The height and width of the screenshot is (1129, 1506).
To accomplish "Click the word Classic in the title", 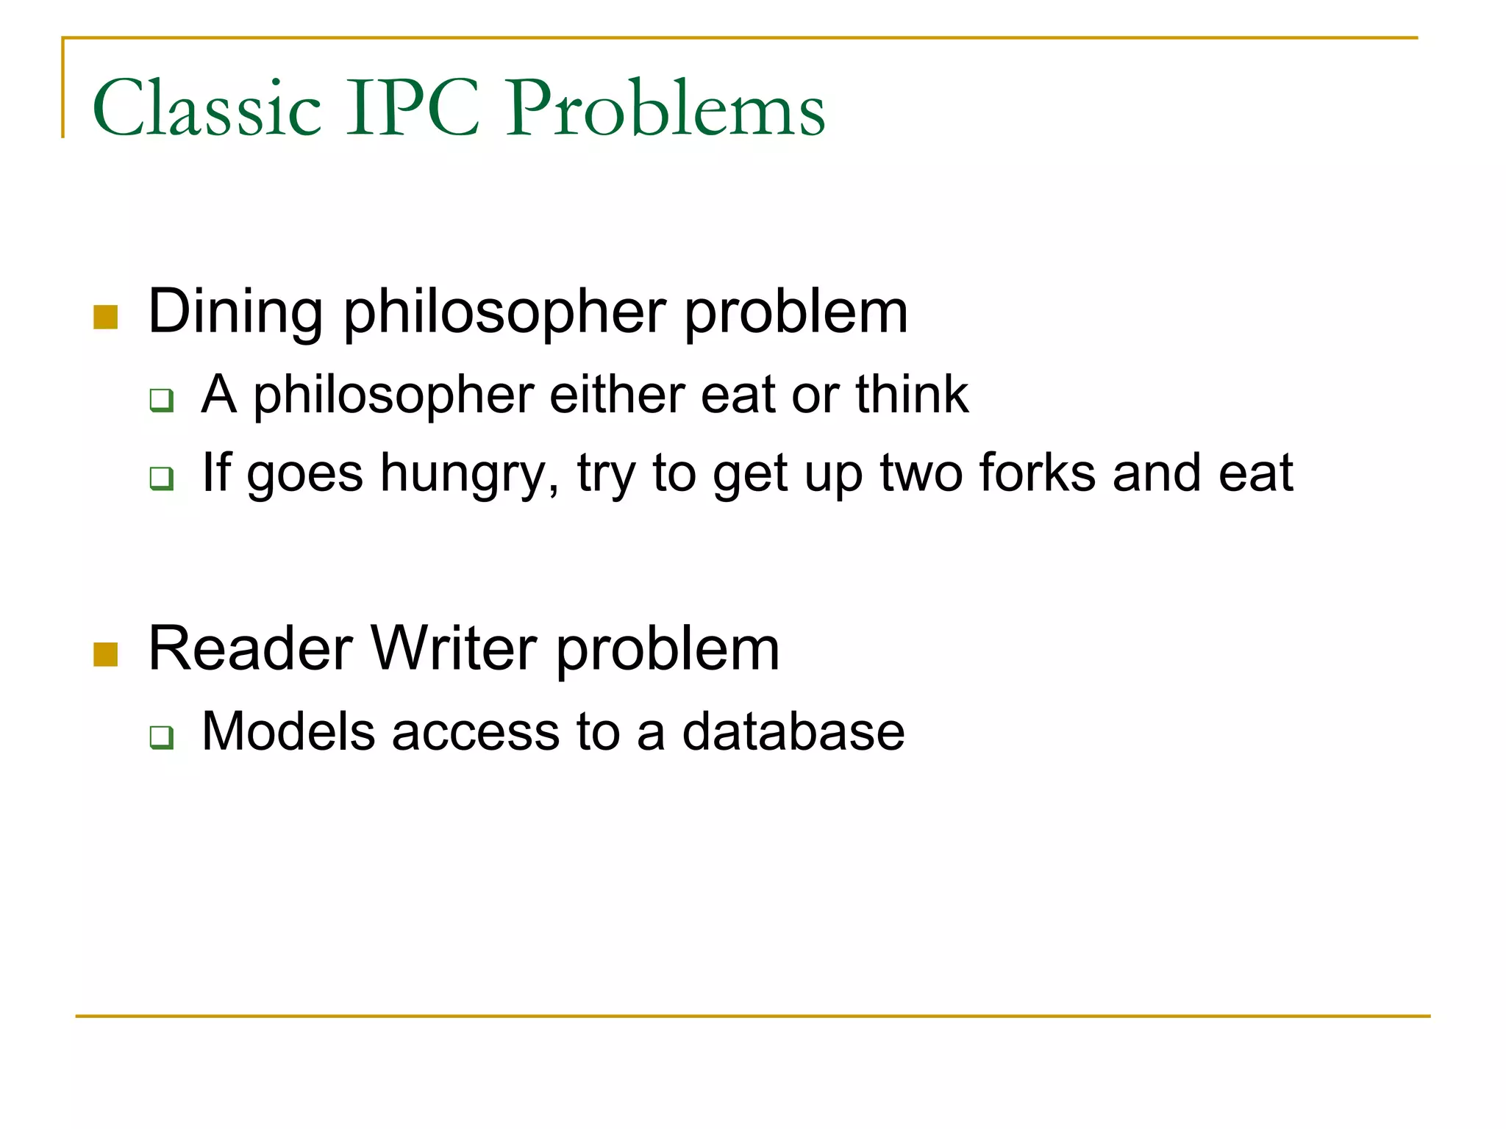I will click(x=207, y=108).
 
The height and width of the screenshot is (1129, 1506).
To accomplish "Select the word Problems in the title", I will click(x=665, y=108).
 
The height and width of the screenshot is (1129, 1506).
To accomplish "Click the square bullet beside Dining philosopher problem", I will click(x=106, y=318).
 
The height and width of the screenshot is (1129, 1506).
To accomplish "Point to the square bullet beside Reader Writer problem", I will click(x=106, y=654).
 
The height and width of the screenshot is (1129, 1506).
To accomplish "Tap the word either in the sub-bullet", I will click(x=616, y=395).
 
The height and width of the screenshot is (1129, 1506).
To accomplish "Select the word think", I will click(x=912, y=395).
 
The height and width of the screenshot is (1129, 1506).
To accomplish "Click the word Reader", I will click(x=250, y=648).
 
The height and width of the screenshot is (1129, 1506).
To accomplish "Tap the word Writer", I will click(x=454, y=648).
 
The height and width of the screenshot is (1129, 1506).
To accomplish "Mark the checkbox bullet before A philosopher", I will click(x=162, y=401).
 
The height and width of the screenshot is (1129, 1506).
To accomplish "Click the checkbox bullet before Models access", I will click(x=162, y=736).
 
